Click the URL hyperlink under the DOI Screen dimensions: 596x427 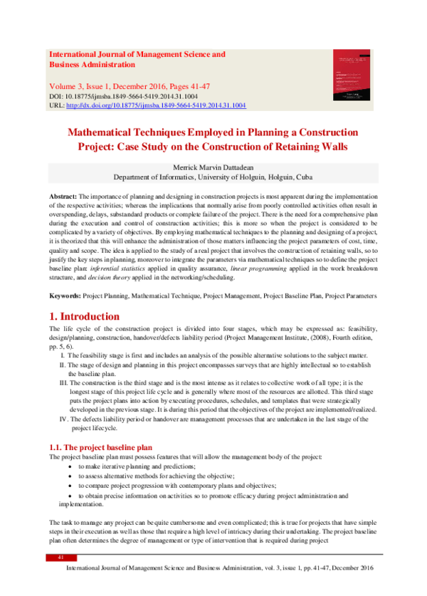point(155,105)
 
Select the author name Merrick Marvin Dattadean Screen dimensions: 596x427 point(213,167)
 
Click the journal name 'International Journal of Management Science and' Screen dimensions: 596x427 point(136,54)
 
